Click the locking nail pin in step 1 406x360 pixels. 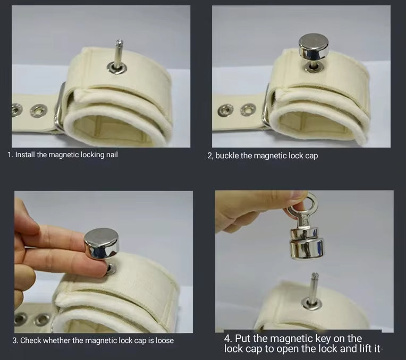pos(118,53)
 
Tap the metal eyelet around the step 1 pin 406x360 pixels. pos(117,67)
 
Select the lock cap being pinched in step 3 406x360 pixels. pos(101,244)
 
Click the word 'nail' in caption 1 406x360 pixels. pos(112,155)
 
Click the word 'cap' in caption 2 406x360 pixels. pos(312,156)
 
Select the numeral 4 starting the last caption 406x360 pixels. pos(227,339)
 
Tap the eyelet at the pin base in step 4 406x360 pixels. pos(312,303)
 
